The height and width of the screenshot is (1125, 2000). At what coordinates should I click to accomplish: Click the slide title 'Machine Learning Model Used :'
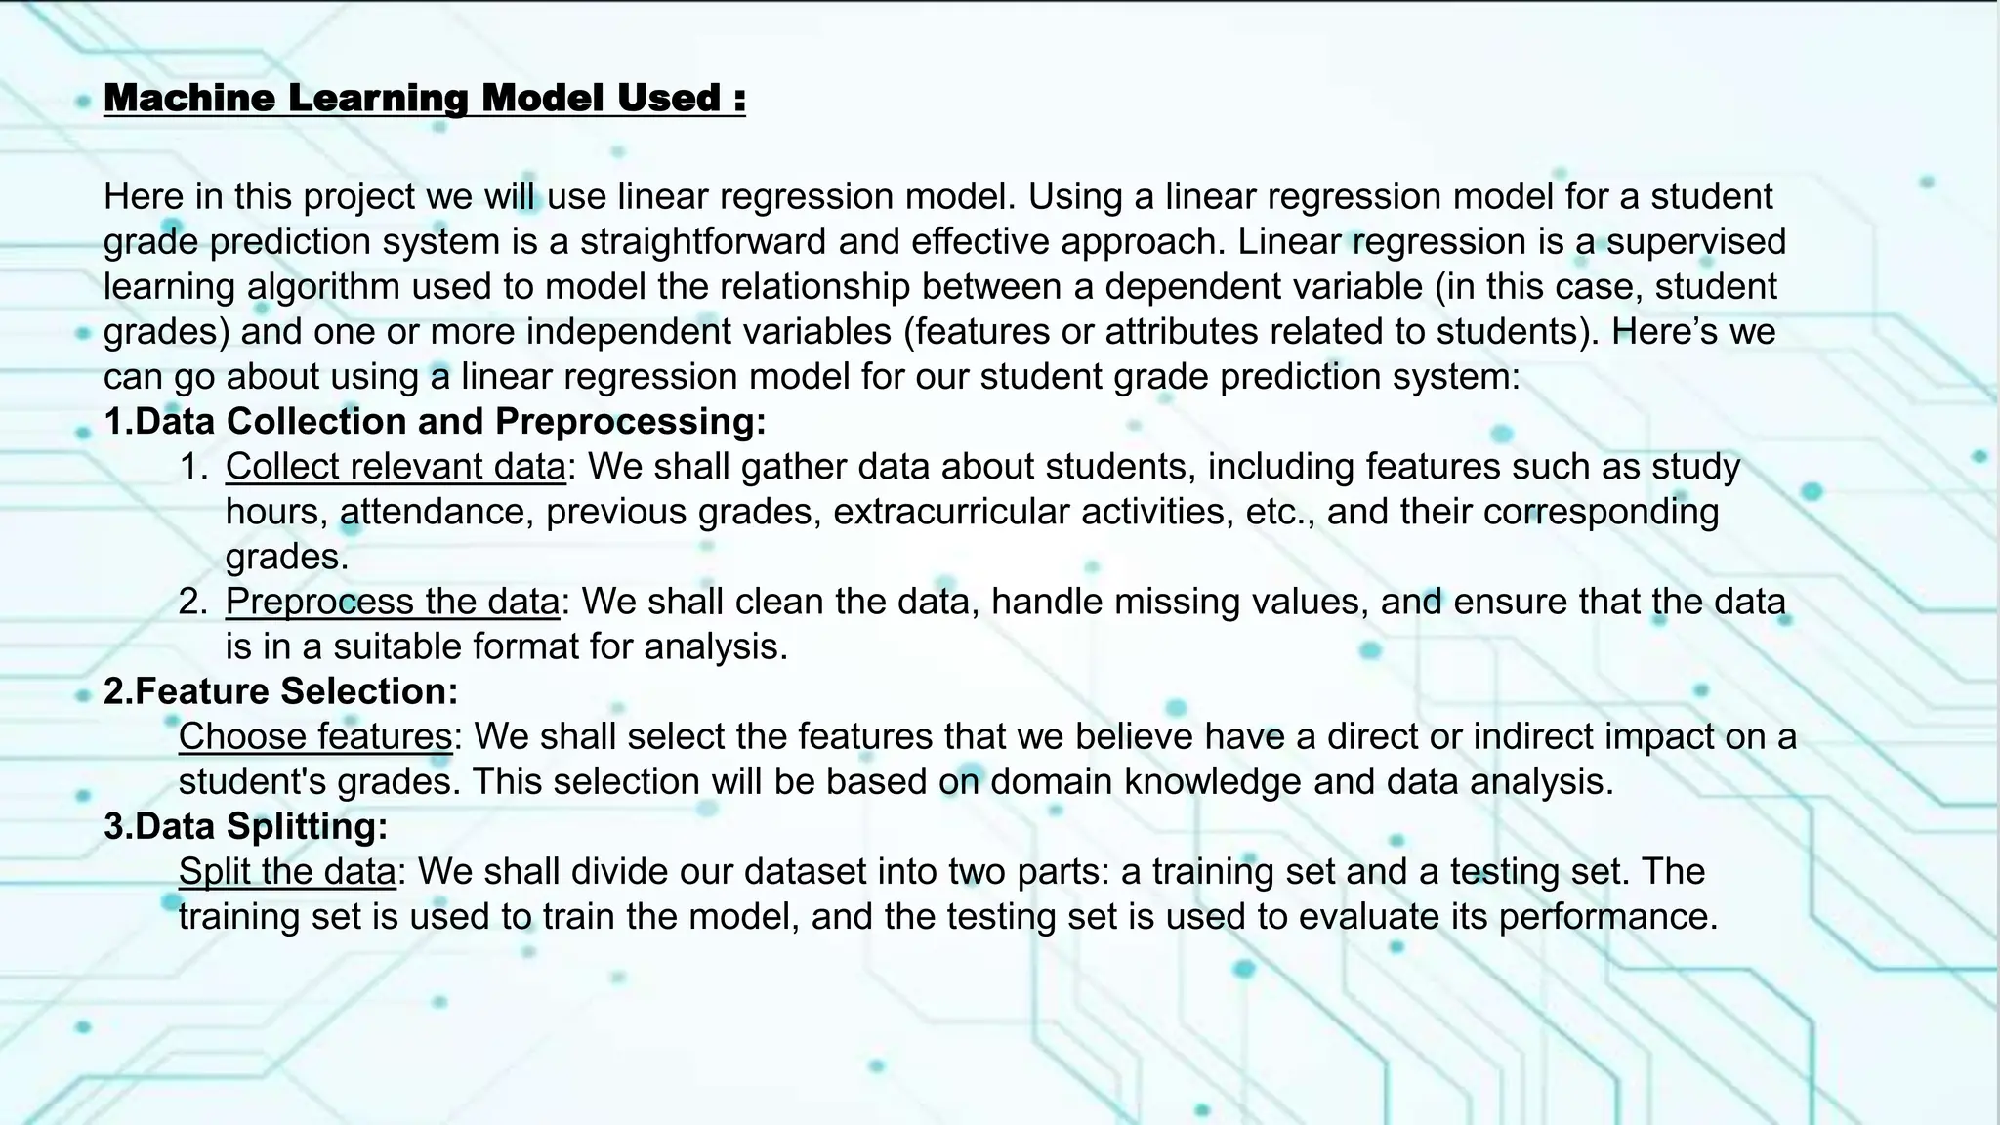click(x=424, y=98)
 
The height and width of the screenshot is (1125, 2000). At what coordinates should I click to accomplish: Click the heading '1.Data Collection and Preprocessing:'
click(x=435, y=421)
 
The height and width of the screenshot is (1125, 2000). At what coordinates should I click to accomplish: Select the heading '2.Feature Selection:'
click(x=281, y=691)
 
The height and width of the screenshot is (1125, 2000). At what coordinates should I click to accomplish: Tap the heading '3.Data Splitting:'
click(x=246, y=826)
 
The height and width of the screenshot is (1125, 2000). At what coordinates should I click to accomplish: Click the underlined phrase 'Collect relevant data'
click(x=396, y=467)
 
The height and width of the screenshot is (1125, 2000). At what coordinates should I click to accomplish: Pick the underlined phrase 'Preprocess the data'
click(x=393, y=602)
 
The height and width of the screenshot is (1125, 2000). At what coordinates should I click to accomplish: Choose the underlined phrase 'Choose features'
click(x=315, y=736)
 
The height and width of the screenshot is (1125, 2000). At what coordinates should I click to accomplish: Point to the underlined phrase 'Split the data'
click(x=287, y=871)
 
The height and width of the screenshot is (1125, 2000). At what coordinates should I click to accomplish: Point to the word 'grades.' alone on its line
click(x=287, y=557)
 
